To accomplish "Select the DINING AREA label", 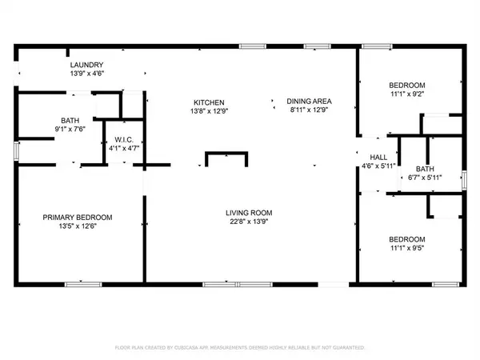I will click(x=309, y=102).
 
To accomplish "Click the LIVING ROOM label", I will click(x=249, y=213).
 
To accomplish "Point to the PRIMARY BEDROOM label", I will click(x=78, y=218).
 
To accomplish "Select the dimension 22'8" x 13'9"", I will click(x=249, y=222).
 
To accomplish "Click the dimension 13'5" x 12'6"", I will click(x=78, y=227).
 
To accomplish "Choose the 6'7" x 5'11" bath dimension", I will click(x=425, y=178).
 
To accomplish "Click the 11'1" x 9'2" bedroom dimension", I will click(x=406, y=94).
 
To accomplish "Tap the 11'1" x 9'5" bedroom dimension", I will click(x=406, y=249).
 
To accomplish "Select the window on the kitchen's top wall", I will click(x=253, y=47).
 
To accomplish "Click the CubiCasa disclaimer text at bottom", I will click(x=240, y=348).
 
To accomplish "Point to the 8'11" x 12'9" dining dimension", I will click(x=309, y=111).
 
